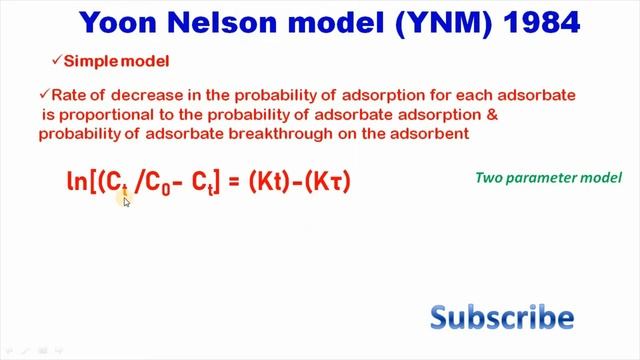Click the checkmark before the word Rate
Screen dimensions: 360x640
(x=44, y=94)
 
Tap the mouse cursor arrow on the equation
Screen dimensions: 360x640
(x=127, y=201)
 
